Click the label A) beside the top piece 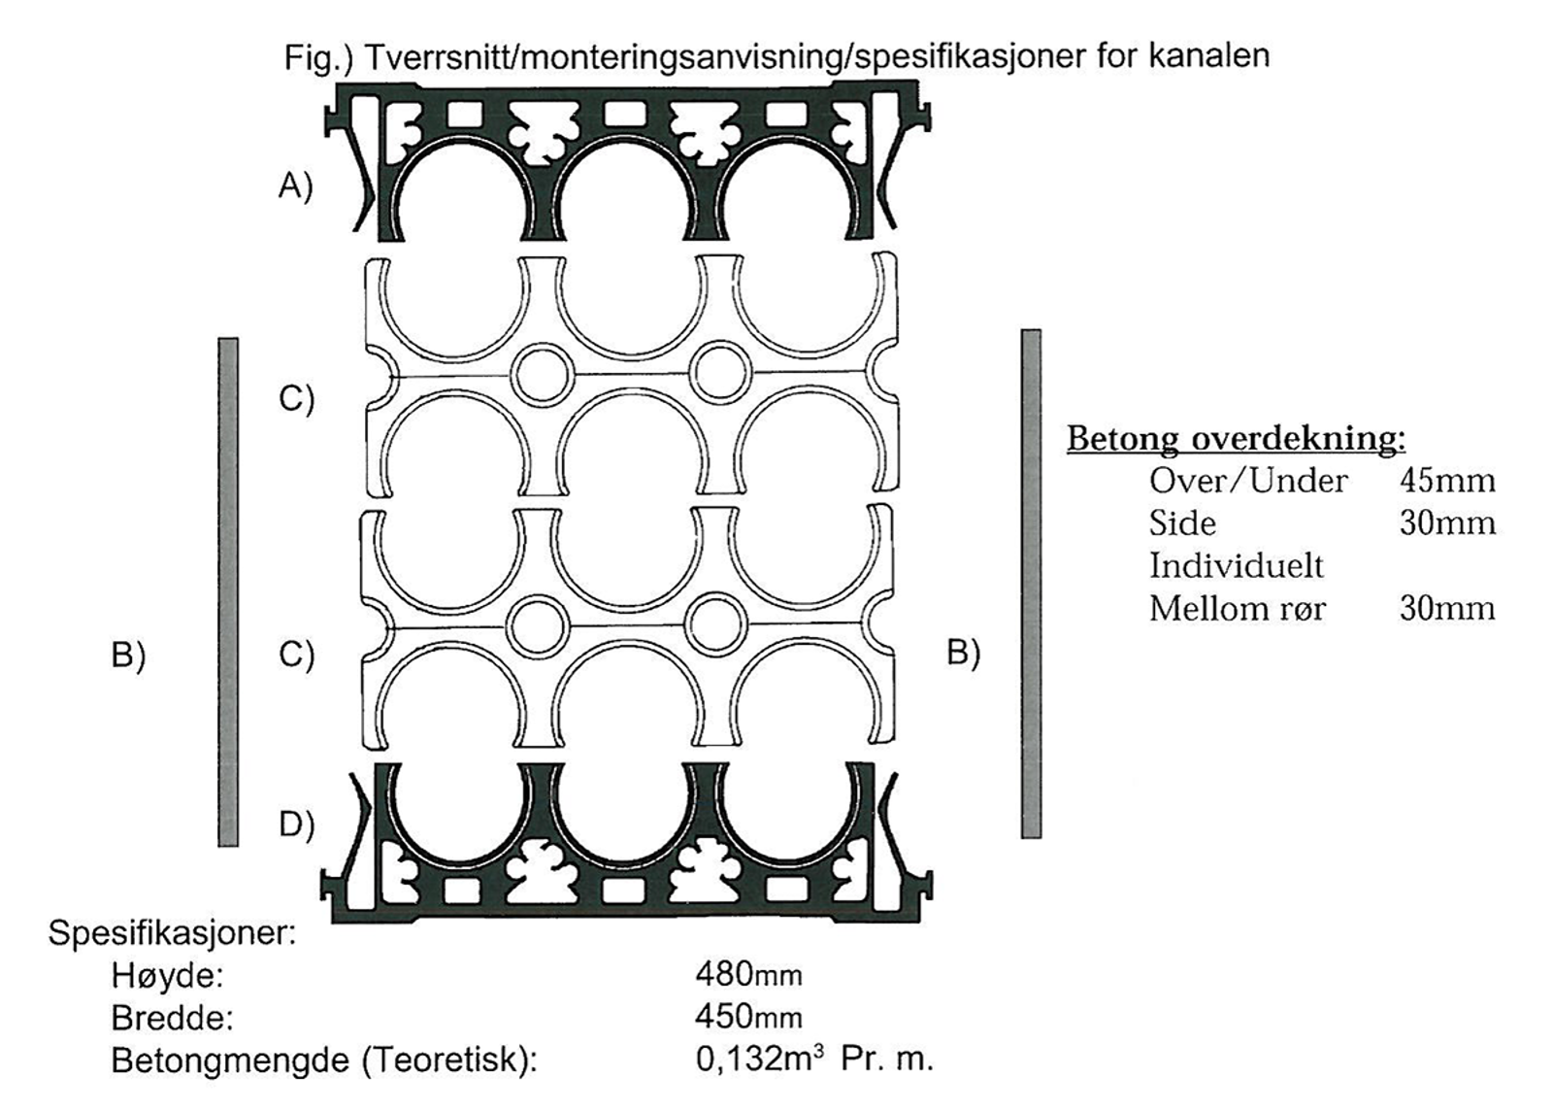pos(295,185)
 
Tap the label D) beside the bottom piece pos(296,824)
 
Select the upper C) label pos(296,398)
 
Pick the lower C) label pos(296,655)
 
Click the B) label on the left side pos(128,655)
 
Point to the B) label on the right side pos(963,653)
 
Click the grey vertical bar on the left pos(228,591)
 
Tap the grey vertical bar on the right pos(1031,583)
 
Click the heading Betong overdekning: pos(1236,438)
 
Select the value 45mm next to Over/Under pos(1447,480)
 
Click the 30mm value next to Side pos(1447,522)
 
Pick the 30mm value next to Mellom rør pos(1447,608)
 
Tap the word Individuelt pos(1236,565)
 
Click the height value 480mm pos(748,973)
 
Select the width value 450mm pos(748,1016)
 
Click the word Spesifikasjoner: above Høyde pos(172,933)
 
